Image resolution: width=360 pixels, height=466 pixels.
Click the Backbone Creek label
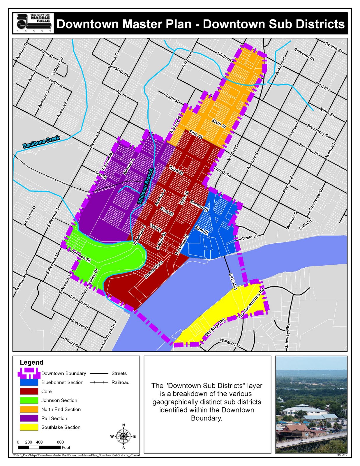point(41,142)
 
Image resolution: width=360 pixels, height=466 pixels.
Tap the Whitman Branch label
point(145,186)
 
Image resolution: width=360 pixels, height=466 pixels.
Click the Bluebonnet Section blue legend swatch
point(29,382)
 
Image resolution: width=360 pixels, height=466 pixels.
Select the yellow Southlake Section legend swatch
point(29,427)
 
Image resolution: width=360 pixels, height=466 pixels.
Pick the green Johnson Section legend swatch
point(29,400)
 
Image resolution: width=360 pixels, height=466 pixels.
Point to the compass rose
point(123,436)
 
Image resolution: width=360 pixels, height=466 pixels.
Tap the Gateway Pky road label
point(287,336)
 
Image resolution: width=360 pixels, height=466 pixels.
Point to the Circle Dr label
point(250,238)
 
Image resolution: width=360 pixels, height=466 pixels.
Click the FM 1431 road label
point(322,86)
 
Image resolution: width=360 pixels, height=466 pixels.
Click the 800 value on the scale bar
point(60,442)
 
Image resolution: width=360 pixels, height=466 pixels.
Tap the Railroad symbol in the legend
point(99,382)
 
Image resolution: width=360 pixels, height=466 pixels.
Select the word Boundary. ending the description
point(206,418)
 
